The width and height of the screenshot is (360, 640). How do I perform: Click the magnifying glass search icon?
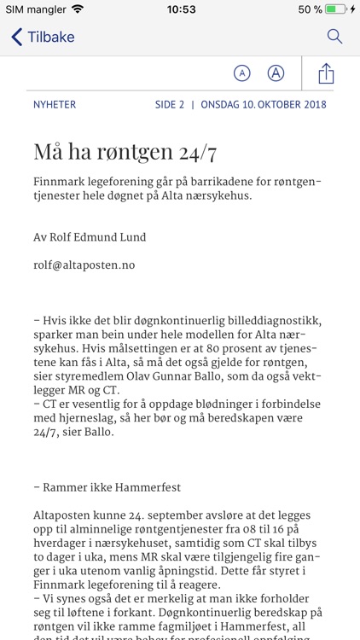coord(334,37)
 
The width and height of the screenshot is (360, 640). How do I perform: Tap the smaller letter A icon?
coord(242,73)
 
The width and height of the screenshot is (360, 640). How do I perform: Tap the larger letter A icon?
coord(276,73)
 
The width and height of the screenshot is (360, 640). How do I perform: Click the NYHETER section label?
coord(55,105)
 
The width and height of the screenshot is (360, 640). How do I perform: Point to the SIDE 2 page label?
coord(170,105)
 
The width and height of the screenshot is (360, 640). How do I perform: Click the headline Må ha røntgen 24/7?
coord(125,153)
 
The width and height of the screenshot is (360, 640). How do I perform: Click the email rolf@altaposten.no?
coord(84,265)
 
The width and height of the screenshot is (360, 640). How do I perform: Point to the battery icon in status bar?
coord(335,9)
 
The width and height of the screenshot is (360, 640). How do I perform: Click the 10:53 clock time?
coord(180,9)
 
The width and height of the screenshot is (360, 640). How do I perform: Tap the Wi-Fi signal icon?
coord(78,9)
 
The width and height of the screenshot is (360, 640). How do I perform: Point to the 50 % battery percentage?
coord(310,9)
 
